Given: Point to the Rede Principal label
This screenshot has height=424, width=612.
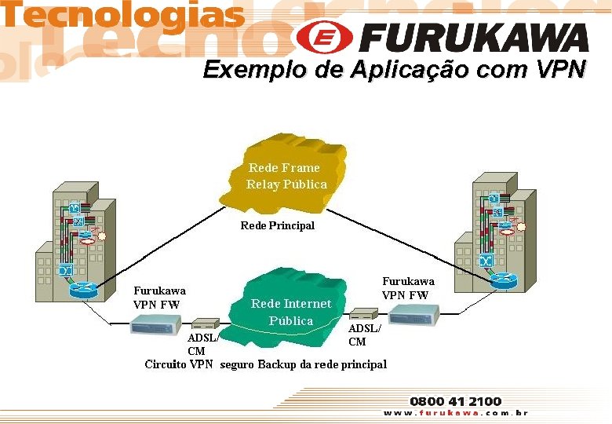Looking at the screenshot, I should [x=277, y=225].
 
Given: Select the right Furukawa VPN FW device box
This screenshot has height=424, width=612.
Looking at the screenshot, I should [x=414, y=314].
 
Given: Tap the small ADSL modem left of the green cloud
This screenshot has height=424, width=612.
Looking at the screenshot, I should [x=205, y=323].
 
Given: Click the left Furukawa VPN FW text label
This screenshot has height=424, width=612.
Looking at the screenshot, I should [x=159, y=297].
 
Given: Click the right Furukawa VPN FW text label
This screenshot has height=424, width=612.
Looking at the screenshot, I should [x=408, y=288].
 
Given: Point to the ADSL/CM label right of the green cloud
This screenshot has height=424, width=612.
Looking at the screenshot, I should [x=363, y=335].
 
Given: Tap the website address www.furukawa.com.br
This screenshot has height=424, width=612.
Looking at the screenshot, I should [x=455, y=413].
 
